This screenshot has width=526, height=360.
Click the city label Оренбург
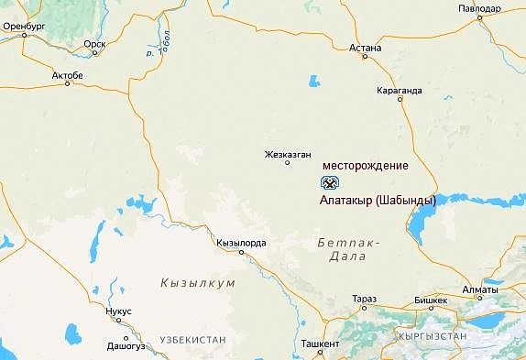click(25, 27)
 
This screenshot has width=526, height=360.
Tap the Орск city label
click(94, 43)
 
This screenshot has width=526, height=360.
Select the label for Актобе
click(68, 74)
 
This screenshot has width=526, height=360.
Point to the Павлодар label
click(481, 9)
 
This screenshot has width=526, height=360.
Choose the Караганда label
click(400, 91)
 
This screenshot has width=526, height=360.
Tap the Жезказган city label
click(289, 154)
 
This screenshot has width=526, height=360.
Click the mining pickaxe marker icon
click(330, 181)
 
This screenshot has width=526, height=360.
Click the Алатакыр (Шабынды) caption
click(378, 200)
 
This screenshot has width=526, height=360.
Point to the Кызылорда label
click(241, 243)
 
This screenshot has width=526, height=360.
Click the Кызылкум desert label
click(197, 283)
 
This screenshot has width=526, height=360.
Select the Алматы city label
click(481, 290)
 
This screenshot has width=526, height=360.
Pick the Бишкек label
click(431, 300)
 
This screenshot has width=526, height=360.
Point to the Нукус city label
click(119, 311)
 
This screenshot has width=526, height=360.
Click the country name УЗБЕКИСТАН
click(192, 340)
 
